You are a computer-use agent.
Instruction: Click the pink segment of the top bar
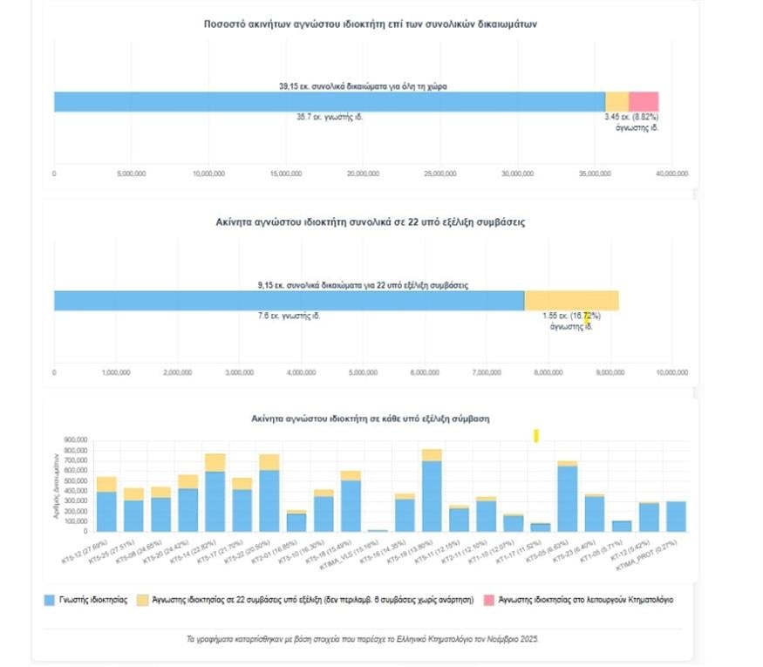pyautogui.click(x=644, y=101)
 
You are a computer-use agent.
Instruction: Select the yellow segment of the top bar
pyautogui.click(x=617, y=101)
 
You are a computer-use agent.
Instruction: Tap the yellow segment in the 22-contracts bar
pyautogui.click(x=571, y=300)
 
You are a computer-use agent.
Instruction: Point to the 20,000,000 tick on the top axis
pyautogui.click(x=364, y=174)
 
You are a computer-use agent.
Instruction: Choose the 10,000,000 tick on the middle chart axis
pyautogui.click(x=671, y=372)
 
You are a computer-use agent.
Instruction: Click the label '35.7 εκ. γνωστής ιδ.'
pyautogui.click(x=330, y=117)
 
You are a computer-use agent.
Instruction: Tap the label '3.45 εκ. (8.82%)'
pyautogui.click(x=632, y=117)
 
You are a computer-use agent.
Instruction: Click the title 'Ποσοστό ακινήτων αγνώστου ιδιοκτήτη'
pyautogui.click(x=370, y=24)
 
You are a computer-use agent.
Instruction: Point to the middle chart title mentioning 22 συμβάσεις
pyautogui.click(x=370, y=223)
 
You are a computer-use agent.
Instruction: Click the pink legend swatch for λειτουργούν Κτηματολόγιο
pyautogui.click(x=488, y=600)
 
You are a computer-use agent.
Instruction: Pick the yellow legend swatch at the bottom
pyautogui.click(x=142, y=600)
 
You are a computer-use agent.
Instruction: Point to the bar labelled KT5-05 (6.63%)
pyautogui.click(x=568, y=497)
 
